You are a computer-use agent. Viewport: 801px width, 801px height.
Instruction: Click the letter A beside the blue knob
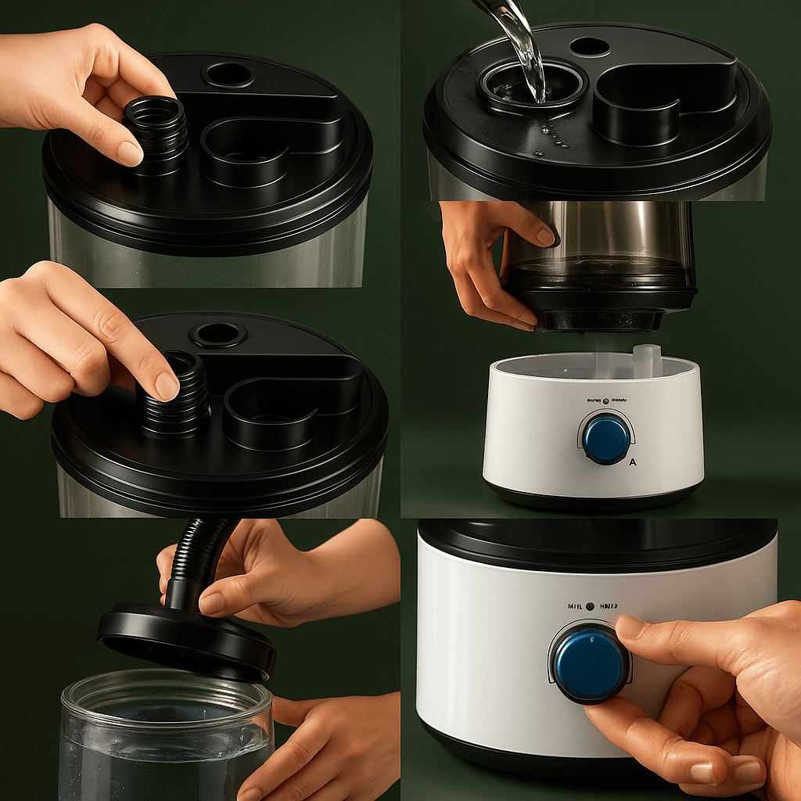click(633, 462)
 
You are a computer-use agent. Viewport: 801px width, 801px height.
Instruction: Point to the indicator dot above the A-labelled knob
click(605, 400)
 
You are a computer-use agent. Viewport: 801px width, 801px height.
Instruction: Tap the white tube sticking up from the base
click(646, 360)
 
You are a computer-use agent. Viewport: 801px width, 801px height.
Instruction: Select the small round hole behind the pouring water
click(590, 47)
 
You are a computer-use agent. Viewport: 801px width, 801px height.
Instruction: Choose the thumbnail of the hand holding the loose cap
click(129, 153)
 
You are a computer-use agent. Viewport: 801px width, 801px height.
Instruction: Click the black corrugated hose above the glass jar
click(199, 559)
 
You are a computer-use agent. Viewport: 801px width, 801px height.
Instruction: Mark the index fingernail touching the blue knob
click(630, 627)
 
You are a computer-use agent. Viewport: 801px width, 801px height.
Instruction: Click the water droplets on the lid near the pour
click(551, 139)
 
